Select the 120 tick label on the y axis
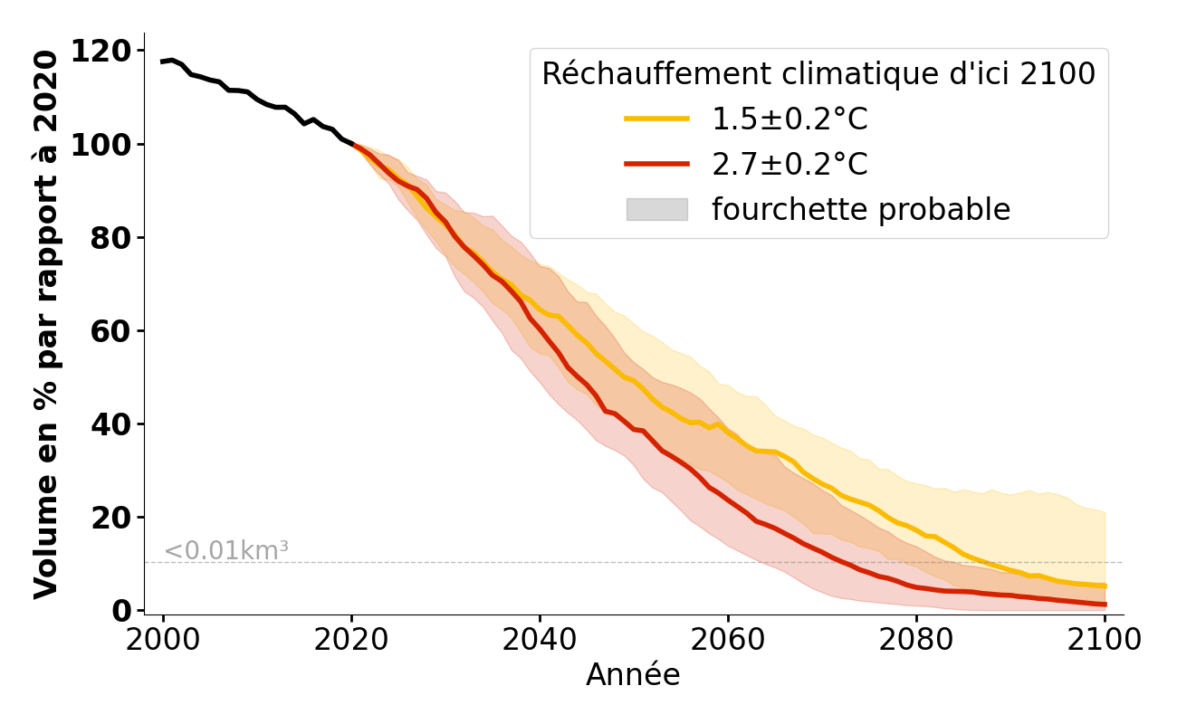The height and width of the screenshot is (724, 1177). [100, 52]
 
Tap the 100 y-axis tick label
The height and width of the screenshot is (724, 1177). [100, 145]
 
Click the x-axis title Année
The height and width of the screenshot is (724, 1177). [633, 675]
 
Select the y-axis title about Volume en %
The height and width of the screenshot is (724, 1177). [46, 324]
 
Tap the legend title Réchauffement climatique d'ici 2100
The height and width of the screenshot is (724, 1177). [818, 74]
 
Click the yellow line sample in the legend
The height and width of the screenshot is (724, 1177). [656, 119]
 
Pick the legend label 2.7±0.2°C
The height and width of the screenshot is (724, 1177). [789, 165]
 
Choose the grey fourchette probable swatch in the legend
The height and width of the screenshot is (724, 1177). [656, 210]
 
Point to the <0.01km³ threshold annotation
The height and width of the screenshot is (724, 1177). [226, 551]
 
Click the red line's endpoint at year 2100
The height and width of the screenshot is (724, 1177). [1104, 605]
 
